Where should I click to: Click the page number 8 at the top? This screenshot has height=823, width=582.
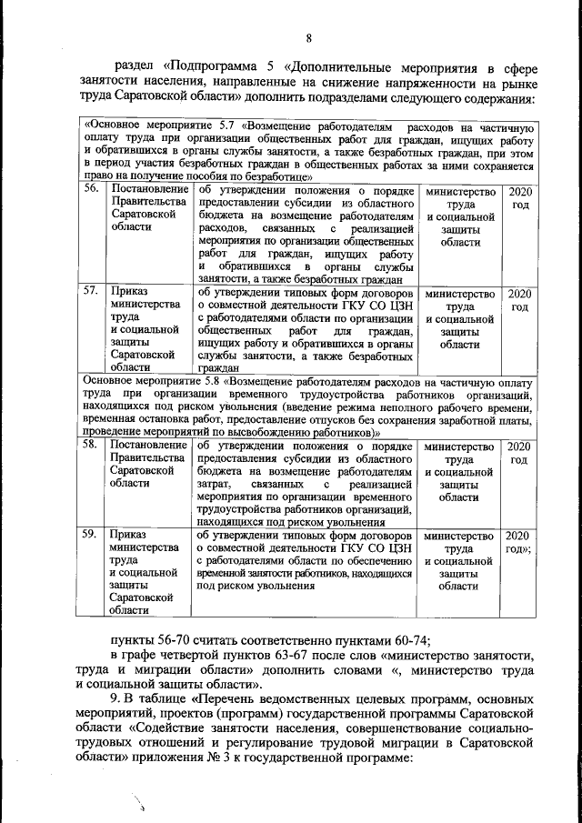click(x=308, y=37)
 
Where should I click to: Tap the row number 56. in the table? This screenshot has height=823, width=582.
click(x=91, y=191)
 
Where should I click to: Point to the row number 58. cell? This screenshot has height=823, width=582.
click(x=91, y=447)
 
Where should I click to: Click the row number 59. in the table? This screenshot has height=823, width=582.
click(x=91, y=535)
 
